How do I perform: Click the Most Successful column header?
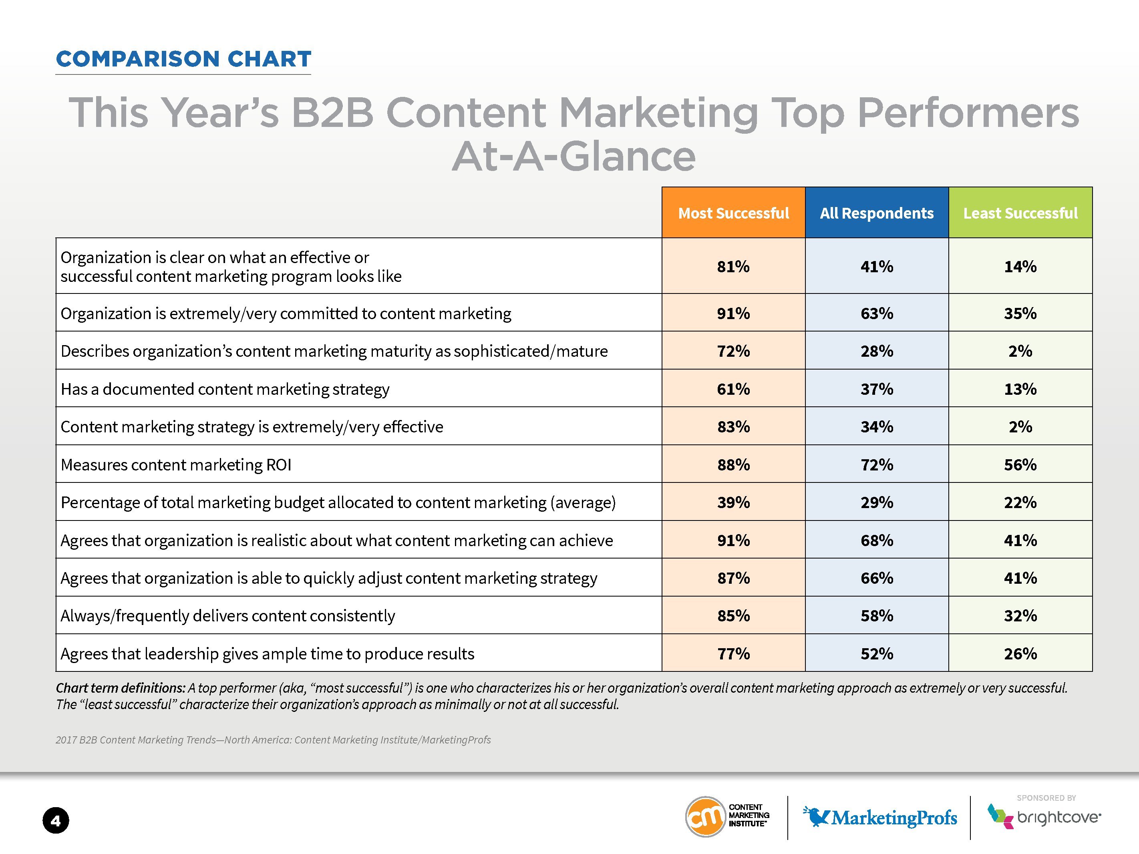(x=733, y=213)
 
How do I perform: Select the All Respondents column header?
(x=876, y=213)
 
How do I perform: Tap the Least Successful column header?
(x=1020, y=213)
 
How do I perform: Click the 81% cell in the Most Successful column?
(x=733, y=267)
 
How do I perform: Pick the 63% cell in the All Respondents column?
(x=876, y=313)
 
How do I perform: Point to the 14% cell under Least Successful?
(x=1020, y=267)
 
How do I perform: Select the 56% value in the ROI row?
(x=1020, y=464)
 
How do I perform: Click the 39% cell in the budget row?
(x=733, y=502)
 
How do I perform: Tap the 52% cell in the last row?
(x=876, y=654)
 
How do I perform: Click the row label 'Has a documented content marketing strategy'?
(x=225, y=389)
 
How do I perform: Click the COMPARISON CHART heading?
(x=183, y=59)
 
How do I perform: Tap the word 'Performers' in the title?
(x=968, y=113)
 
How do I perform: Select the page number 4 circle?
(x=56, y=820)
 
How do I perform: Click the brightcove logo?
(x=1044, y=817)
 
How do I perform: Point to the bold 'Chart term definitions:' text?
(x=121, y=688)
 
